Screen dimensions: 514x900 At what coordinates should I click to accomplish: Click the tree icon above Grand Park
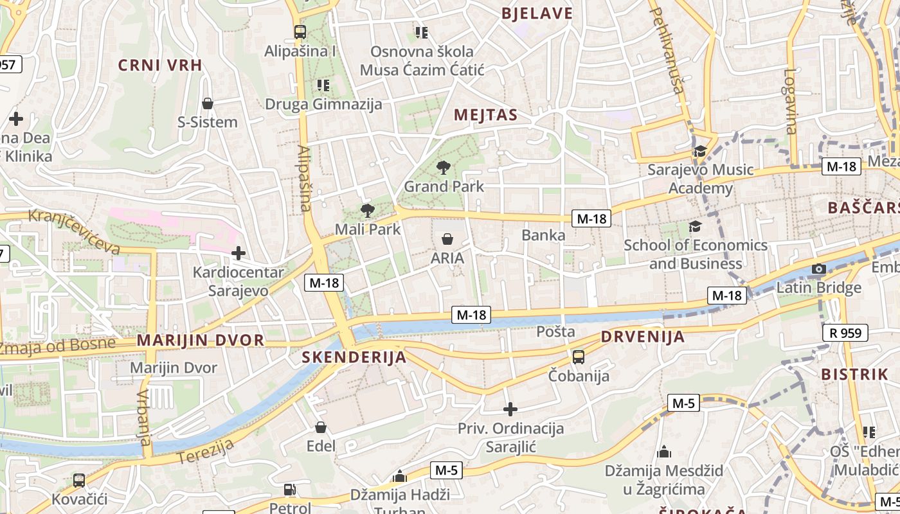click(443, 168)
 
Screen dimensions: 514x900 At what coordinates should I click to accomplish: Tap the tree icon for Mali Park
click(367, 210)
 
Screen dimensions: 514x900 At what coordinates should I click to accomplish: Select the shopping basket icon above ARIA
click(447, 239)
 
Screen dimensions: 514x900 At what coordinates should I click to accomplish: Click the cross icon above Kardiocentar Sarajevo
click(239, 253)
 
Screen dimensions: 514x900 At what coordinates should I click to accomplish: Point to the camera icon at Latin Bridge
click(818, 269)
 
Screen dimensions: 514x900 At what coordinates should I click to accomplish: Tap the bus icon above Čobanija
click(579, 357)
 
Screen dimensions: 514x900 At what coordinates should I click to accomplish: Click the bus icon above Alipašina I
click(300, 31)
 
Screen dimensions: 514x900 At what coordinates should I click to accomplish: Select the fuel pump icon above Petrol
click(290, 490)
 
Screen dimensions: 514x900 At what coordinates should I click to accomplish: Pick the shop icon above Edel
click(321, 427)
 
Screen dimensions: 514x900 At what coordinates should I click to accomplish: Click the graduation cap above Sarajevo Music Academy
click(699, 151)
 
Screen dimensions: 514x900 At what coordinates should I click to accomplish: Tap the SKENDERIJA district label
click(354, 357)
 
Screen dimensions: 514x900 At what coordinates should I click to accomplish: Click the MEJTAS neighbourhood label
click(485, 115)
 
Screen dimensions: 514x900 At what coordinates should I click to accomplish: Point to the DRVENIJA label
click(643, 337)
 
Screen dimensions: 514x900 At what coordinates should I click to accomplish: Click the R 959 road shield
click(845, 333)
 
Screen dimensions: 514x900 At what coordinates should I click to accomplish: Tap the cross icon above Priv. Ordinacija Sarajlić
click(510, 409)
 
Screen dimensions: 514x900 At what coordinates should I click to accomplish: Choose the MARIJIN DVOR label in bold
click(201, 341)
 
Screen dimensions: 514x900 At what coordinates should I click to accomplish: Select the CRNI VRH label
click(160, 65)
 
